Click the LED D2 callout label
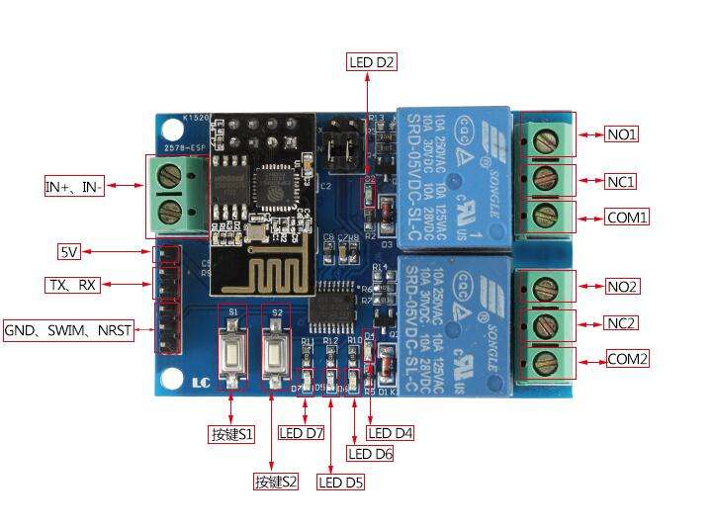click(372, 62)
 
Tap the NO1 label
click(621, 133)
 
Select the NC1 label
click(621, 181)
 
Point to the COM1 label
click(627, 217)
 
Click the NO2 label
click(622, 287)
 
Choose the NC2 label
click(622, 323)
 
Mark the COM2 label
click(628, 359)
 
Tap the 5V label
click(69, 251)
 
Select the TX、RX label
click(72, 285)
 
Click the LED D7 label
click(301, 432)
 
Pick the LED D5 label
click(340, 483)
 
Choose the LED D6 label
click(370, 453)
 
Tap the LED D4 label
click(391, 432)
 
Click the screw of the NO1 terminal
click(542, 139)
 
